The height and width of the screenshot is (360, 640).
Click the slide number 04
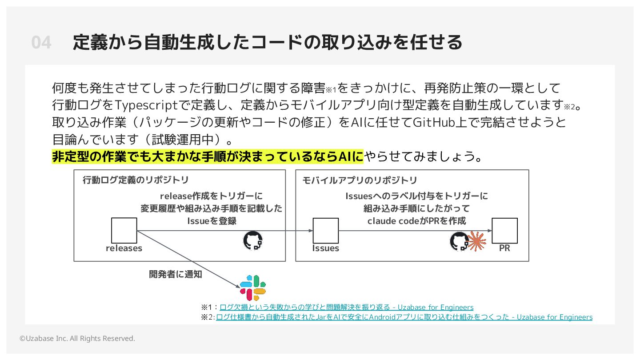41,43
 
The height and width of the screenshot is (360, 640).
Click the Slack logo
252,288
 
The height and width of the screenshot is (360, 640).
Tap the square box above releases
124,231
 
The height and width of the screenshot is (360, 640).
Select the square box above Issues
325,231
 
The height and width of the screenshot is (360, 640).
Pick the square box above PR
504,231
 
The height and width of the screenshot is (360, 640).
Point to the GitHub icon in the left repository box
253,240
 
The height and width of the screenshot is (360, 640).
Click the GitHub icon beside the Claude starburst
459,241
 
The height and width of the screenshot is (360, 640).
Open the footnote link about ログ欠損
346,307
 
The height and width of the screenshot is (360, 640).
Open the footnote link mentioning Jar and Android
404,317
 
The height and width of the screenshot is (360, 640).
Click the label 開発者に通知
175,274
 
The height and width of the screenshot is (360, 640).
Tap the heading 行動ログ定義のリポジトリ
136,180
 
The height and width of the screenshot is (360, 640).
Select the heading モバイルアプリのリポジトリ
360,180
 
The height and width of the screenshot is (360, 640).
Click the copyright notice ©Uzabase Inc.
77,338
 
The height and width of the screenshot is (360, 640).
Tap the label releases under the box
124,248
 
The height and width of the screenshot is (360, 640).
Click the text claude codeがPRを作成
416,220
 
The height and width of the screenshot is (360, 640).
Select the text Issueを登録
211,220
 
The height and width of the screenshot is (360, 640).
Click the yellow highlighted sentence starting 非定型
208,156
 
